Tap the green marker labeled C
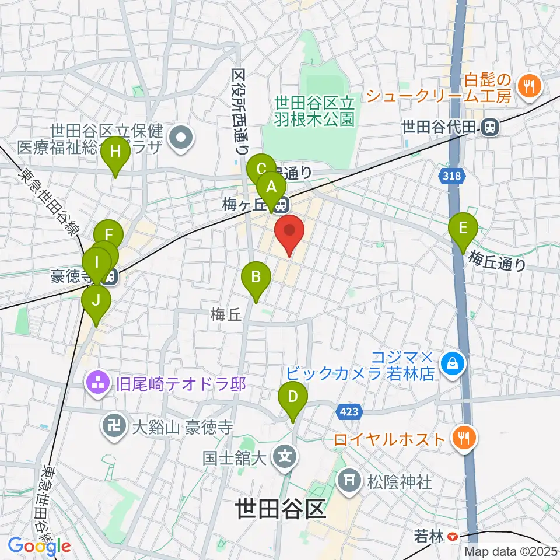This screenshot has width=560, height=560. click(x=261, y=170)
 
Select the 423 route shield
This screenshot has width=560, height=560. click(x=348, y=412)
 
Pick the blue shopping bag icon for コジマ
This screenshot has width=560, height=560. click(x=452, y=365)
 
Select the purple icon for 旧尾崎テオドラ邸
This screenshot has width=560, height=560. click(x=97, y=383)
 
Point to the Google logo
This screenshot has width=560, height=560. click(x=40, y=546)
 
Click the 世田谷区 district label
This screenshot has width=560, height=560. click(x=280, y=509)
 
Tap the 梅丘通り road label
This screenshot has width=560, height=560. click(x=498, y=260)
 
